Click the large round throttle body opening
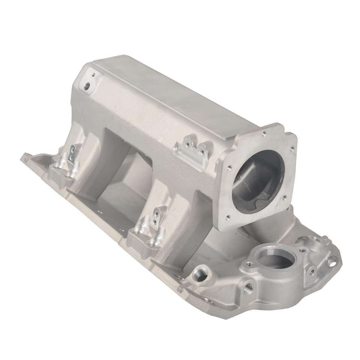pyautogui.click(x=259, y=176)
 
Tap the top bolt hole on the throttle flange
pyautogui.click(x=264, y=133)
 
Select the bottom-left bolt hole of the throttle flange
pyautogui.click(x=228, y=216)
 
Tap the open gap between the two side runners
pyautogui.click(x=124, y=180)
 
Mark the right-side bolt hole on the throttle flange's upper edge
pyautogui.click(x=291, y=148)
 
